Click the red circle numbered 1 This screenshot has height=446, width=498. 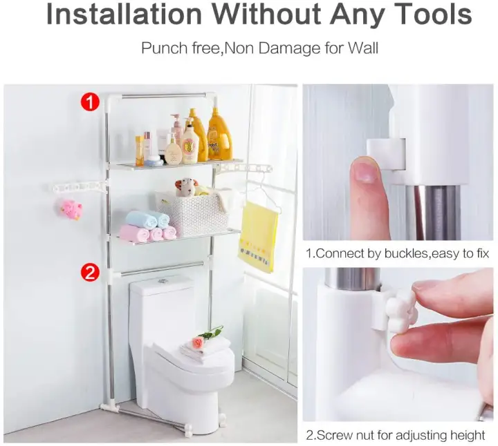tap(90, 102)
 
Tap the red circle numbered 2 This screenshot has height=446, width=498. tap(90, 272)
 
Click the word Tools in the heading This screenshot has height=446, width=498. tap(434, 14)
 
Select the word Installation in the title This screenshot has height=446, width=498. tap(124, 14)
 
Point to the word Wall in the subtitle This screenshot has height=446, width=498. tap(363, 48)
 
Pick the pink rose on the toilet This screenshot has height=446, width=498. tap(198, 342)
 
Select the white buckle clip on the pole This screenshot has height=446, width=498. tap(387, 154)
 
